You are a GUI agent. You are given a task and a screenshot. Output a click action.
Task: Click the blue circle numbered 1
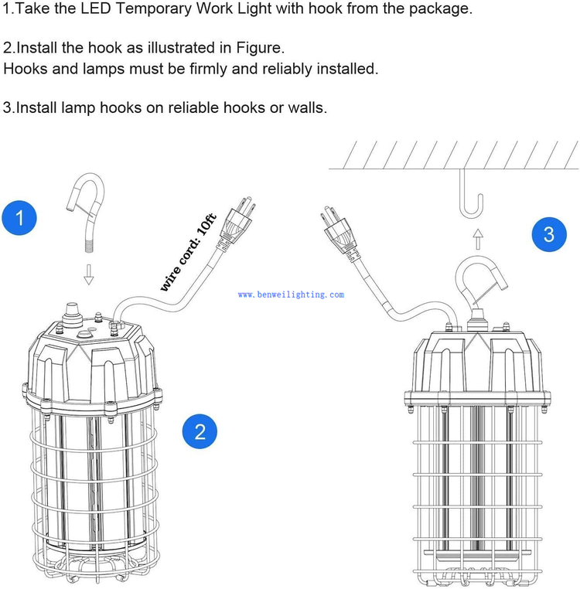(19, 218)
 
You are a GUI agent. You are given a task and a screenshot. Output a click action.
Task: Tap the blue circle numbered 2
(200, 431)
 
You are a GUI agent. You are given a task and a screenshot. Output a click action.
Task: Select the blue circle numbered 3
(549, 234)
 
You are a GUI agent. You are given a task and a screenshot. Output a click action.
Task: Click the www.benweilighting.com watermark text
(291, 294)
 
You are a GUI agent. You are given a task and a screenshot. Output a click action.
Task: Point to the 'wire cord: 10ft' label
(189, 253)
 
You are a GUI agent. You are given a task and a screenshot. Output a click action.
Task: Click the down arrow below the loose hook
(89, 274)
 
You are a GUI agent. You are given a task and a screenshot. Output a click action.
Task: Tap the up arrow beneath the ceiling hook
(477, 239)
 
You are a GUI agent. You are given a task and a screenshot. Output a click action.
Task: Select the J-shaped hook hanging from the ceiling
(472, 192)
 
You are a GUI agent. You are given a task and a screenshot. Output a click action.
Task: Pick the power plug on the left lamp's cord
(235, 223)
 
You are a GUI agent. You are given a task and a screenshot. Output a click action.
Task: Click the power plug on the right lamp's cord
(340, 233)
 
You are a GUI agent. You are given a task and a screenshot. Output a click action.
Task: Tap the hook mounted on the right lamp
(480, 282)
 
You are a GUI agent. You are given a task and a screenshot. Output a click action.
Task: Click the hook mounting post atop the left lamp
(71, 312)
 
